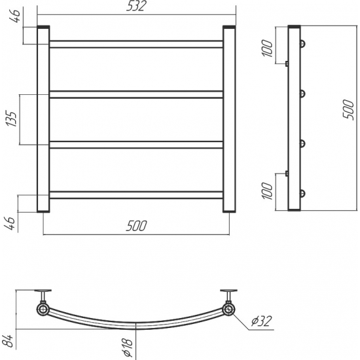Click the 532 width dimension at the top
click(136, 6)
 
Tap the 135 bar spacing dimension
click(12, 118)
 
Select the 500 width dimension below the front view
click(136, 226)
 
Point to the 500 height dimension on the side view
click(348, 109)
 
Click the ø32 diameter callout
click(262, 321)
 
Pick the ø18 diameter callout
click(128, 348)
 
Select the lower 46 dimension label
click(10, 223)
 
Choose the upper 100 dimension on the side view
click(267, 48)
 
